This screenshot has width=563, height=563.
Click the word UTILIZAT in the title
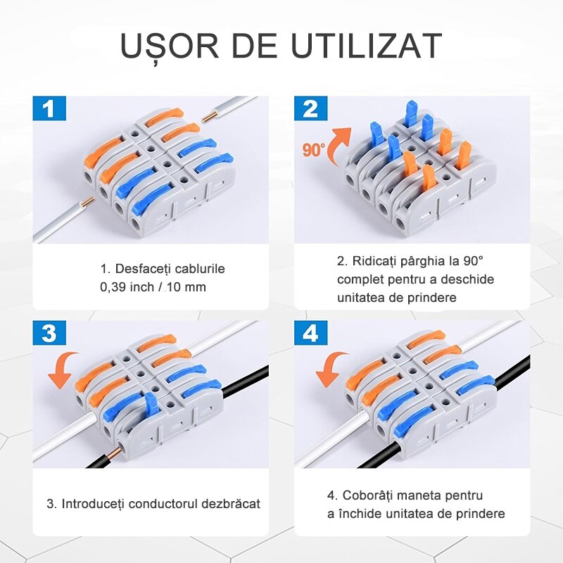366,46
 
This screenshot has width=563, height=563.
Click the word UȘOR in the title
170,46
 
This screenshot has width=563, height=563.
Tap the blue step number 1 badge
49,108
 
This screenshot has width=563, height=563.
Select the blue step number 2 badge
310,108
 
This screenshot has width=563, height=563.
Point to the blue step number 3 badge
49,333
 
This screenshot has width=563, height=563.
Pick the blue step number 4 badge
310,333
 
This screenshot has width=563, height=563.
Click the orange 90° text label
314,150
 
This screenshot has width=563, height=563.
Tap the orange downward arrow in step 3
63,370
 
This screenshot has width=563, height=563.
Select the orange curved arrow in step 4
329,369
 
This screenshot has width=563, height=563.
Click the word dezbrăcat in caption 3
231,503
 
